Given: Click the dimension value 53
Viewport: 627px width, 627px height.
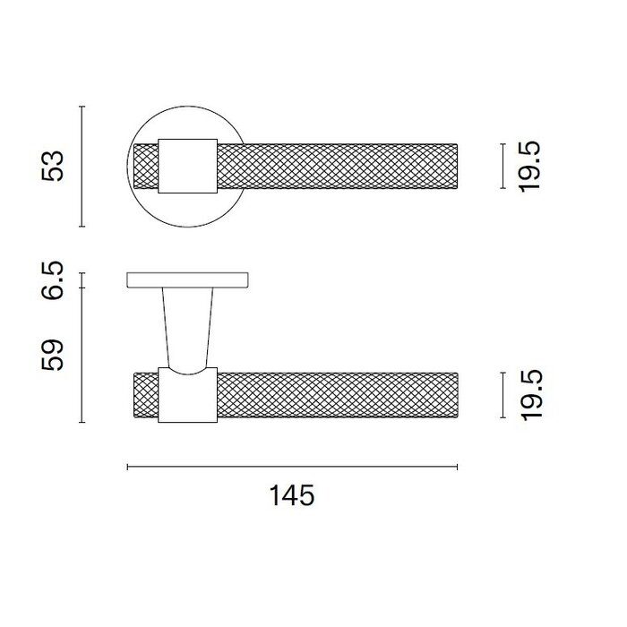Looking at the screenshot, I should tap(56, 167).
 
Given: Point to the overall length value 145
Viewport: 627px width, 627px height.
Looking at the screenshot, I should tap(293, 495).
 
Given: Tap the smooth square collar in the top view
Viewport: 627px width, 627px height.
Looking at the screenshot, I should tap(187, 166).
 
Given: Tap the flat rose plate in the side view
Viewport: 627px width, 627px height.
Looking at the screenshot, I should tap(187, 279).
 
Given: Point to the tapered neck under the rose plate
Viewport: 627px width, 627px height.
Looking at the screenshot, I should tap(187, 327).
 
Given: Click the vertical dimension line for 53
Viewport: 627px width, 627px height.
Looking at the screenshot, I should tap(82, 167).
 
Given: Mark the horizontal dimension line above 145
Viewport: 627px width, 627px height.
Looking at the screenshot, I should tap(293, 467).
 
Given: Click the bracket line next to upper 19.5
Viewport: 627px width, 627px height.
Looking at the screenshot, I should tap(501, 167).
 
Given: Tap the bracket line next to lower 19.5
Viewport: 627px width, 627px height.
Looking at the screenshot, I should tap(501, 395).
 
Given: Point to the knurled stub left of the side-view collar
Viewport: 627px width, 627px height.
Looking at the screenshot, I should tap(145, 395).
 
